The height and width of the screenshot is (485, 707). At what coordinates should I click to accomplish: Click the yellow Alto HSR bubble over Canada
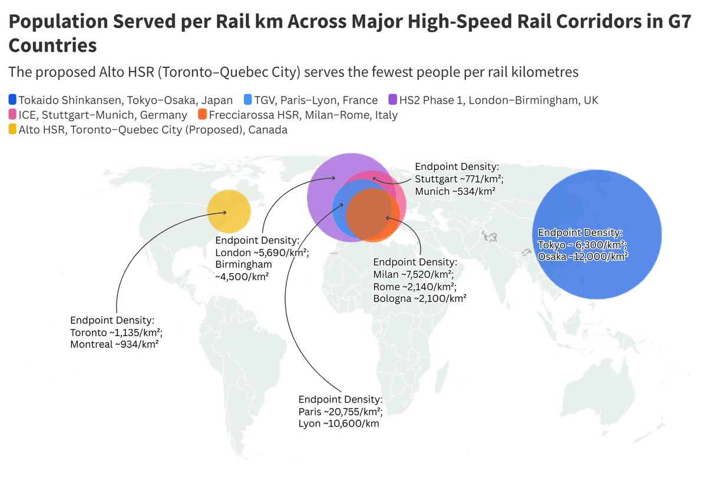229,212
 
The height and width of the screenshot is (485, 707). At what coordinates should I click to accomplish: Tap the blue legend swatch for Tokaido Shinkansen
13,100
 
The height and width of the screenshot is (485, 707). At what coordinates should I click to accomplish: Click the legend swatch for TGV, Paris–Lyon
247,100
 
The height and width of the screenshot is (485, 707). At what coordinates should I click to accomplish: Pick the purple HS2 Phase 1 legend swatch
392,100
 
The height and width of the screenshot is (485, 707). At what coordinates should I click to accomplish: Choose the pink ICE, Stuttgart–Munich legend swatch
13,115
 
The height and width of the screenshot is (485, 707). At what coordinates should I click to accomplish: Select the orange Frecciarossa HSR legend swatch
202,115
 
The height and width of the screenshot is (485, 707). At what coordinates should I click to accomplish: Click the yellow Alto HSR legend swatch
13,129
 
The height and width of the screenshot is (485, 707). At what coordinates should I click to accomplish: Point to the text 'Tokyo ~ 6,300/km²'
582,245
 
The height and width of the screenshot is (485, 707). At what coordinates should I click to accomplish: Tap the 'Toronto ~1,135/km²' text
116,332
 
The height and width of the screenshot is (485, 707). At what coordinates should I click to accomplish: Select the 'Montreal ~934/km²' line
114,344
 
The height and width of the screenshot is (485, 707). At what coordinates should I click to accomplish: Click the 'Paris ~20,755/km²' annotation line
341,411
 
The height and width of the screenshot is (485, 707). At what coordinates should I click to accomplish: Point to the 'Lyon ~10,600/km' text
339,424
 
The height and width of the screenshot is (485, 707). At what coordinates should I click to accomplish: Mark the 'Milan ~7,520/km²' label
412,274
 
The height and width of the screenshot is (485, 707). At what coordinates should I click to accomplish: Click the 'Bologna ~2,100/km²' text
419,298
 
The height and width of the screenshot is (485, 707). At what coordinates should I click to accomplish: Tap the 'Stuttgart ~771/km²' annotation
459,179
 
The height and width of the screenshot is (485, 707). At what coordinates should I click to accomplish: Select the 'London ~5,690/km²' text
262,252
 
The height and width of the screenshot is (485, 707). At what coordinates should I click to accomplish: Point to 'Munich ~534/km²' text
455,191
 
